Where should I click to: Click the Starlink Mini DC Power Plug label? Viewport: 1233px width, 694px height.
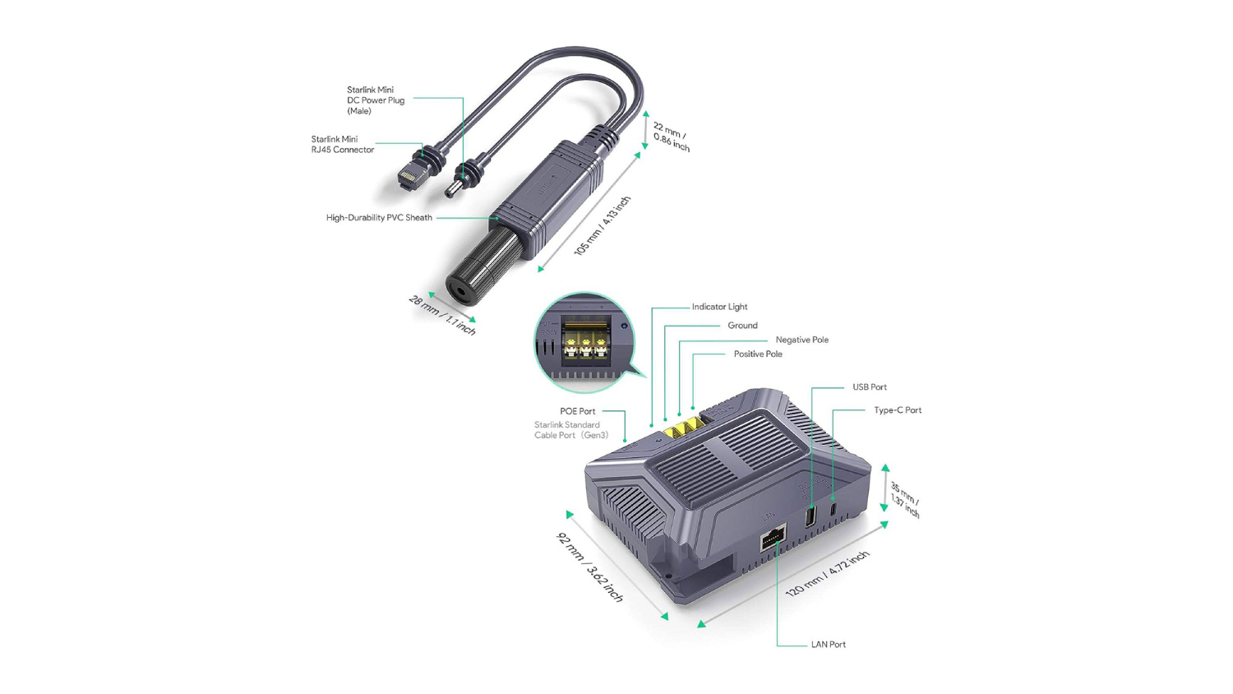point(376,100)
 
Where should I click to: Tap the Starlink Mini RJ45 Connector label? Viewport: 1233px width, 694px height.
point(343,144)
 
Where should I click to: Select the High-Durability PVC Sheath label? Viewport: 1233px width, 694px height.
point(379,218)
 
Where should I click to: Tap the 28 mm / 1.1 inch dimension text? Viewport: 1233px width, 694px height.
point(442,315)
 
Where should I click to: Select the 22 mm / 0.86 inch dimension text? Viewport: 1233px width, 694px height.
point(671,136)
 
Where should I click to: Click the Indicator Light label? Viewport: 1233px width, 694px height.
point(719,307)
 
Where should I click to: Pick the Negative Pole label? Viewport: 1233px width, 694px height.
point(802,340)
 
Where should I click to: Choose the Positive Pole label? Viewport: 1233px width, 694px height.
point(758,354)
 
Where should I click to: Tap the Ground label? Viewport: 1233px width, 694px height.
point(742,326)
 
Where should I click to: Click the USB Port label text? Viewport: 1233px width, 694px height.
point(870,387)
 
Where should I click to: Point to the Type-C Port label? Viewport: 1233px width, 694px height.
point(898,410)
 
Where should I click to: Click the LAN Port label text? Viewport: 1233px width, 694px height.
point(829,645)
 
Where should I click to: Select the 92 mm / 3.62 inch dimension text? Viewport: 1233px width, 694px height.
point(589,567)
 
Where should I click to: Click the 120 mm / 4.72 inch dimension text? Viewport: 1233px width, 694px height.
point(827,573)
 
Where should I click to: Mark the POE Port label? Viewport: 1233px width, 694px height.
point(577,411)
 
